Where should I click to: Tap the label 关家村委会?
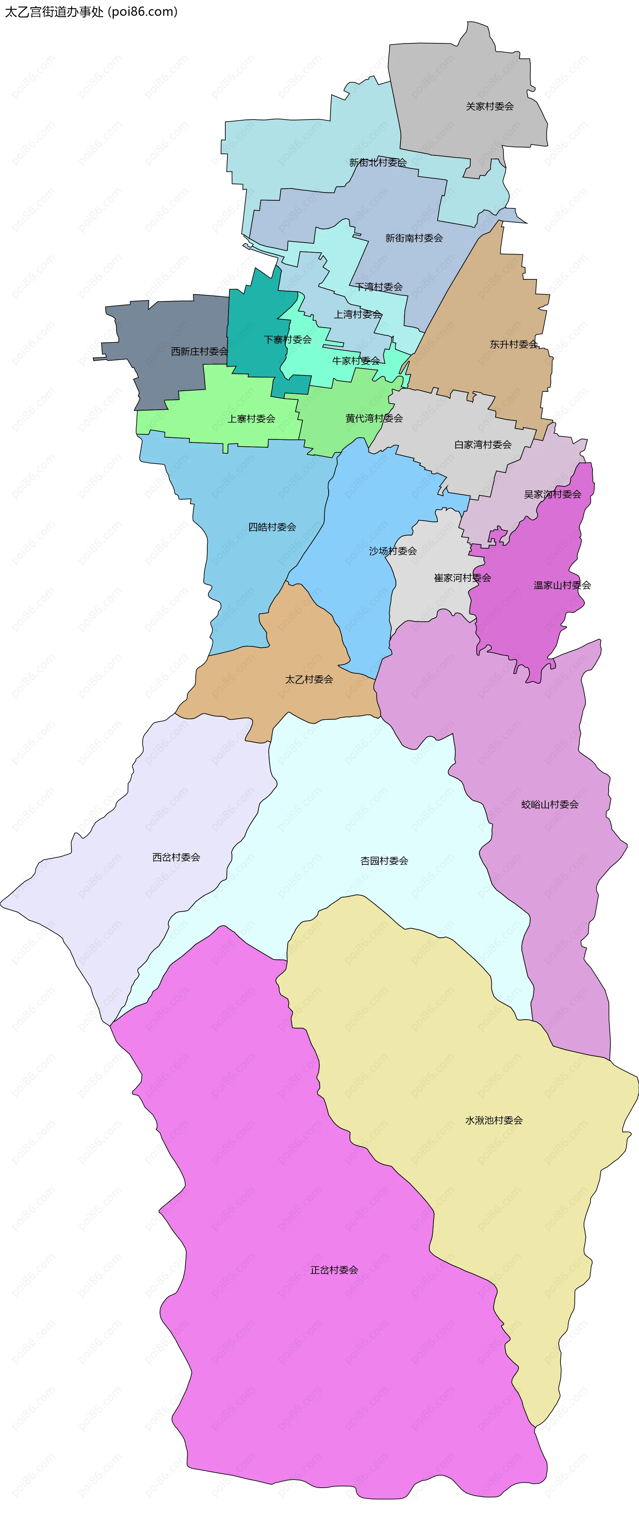[490, 106]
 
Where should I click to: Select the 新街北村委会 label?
[378, 162]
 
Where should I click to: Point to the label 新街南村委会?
[414, 238]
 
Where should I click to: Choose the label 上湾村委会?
[357, 314]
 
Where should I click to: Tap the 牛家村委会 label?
[356, 361]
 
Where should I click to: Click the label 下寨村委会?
[287, 340]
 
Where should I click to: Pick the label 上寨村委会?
[251, 419]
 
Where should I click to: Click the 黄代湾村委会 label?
[374, 418]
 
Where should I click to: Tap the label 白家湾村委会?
[483, 445]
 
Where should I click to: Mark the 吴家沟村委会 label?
[552, 494]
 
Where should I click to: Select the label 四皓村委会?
[272, 527]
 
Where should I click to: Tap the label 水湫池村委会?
[494, 1120]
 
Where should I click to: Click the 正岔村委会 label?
[334, 1270]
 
